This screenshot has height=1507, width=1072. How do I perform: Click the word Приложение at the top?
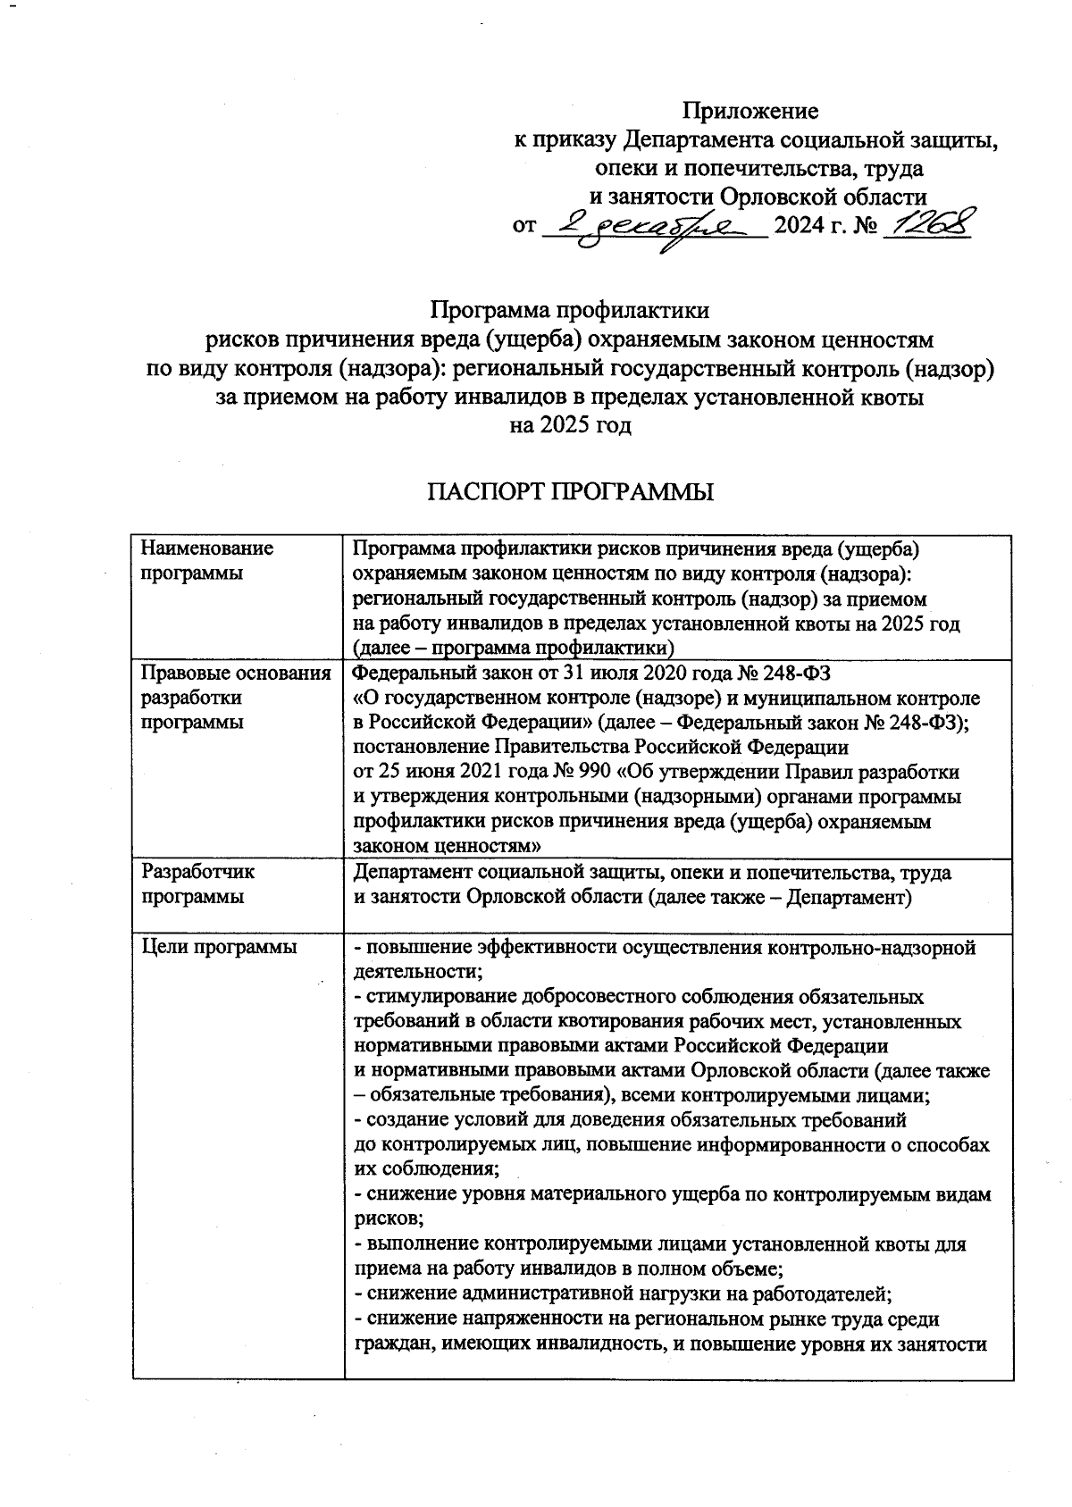750,111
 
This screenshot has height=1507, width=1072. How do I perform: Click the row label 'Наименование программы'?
207,560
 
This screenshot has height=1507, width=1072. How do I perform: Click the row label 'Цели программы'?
219,948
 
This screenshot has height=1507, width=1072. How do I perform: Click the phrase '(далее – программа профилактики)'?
513,646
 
